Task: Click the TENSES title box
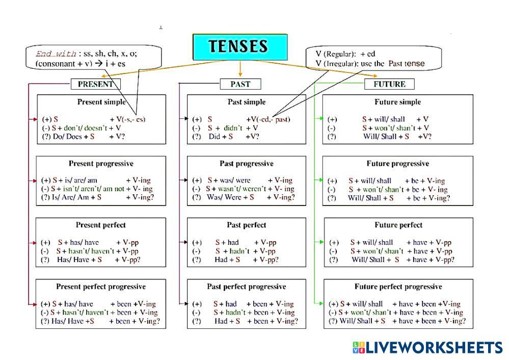[x=240, y=46]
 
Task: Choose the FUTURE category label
[x=389, y=84]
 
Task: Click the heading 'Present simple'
[x=101, y=102]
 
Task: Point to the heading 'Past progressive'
[x=247, y=164]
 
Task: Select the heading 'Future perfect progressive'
[x=398, y=287]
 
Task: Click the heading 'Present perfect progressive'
[x=101, y=287]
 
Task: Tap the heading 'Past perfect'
[x=247, y=225]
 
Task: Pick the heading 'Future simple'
[x=397, y=102]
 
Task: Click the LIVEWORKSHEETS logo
[x=427, y=348]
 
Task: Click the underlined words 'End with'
[x=56, y=54]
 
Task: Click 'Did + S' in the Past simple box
[x=221, y=137]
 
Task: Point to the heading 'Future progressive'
[x=397, y=164]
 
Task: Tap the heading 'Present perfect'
[x=101, y=225]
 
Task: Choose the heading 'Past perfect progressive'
[x=247, y=287]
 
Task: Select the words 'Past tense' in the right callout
[x=406, y=64]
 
